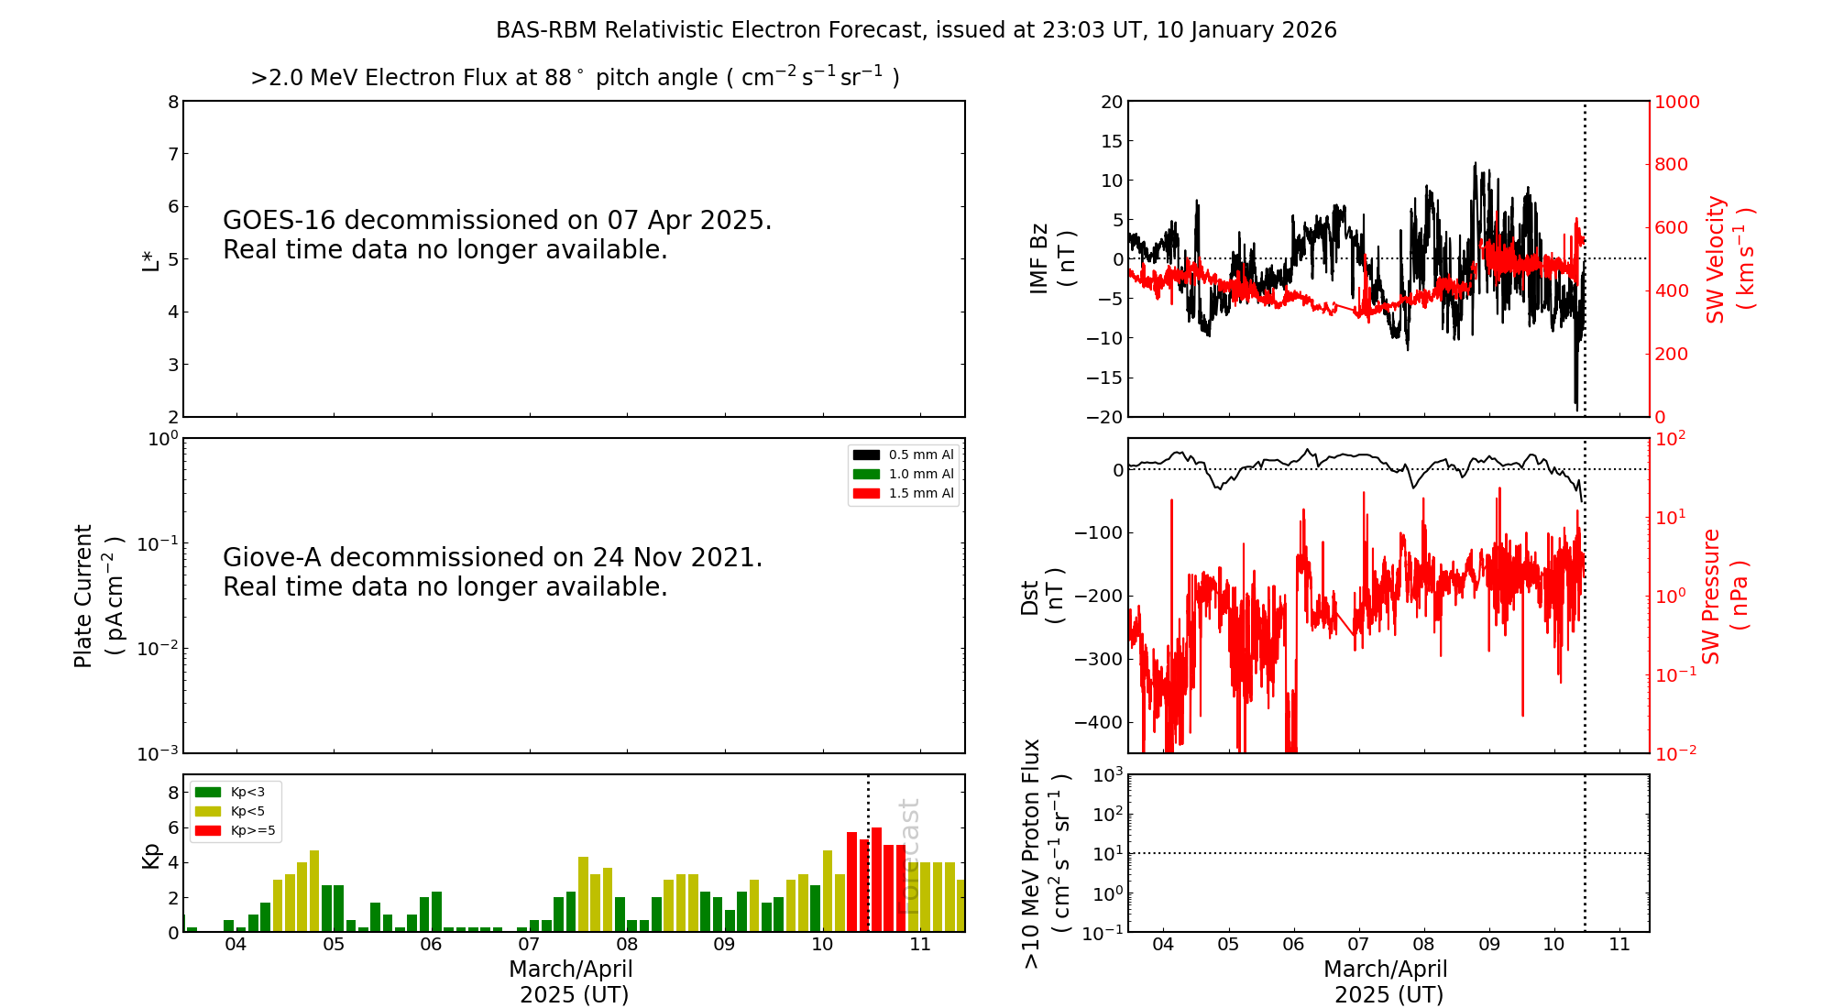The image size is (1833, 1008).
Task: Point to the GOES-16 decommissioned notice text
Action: pos(497,235)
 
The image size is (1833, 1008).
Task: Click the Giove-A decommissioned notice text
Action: pos(492,572)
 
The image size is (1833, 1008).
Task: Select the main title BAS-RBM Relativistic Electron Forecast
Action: pos(916,30)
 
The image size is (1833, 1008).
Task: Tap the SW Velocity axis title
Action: pos(1729,258)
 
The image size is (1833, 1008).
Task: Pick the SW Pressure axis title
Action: pos(1724,596)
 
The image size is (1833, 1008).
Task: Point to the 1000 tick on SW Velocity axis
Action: pos(1676,102)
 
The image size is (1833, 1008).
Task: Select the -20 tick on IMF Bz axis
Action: pos(1104,417)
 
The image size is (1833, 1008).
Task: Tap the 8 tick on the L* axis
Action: pos(173,102)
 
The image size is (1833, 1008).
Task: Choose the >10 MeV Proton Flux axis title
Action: pos(1045,853)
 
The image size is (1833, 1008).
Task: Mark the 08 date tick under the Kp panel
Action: pos(627,945)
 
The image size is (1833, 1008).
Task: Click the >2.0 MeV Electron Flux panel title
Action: pos(575,78)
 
